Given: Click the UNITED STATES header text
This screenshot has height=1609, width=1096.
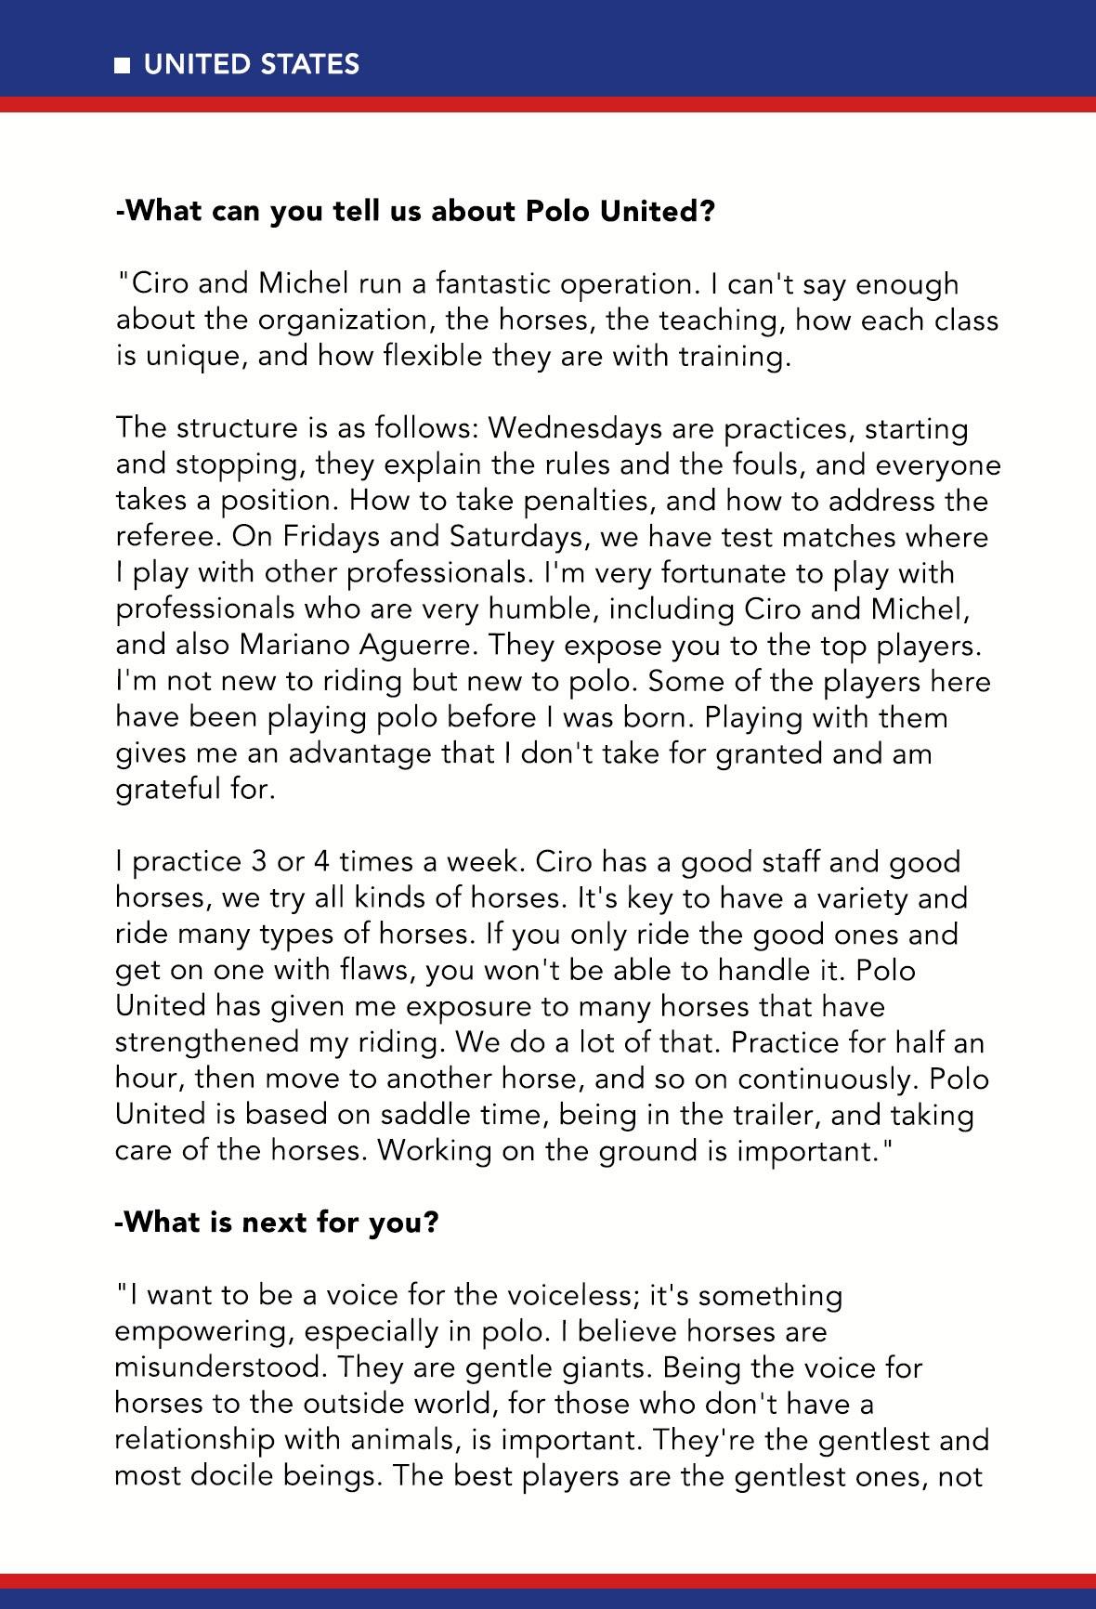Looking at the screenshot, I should click(x=251, y=64).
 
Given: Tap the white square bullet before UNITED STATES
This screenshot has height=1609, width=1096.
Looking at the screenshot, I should click(x=123, y=65).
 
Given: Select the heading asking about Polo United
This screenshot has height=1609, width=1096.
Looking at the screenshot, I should click(x=415, y=212).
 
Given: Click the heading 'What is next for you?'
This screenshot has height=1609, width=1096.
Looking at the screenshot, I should click(x=276, y=1223).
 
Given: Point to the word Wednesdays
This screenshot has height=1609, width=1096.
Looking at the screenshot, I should click(x=566, y=429).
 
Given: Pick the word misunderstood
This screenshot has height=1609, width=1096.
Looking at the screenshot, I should click(x=220, y=1367).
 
